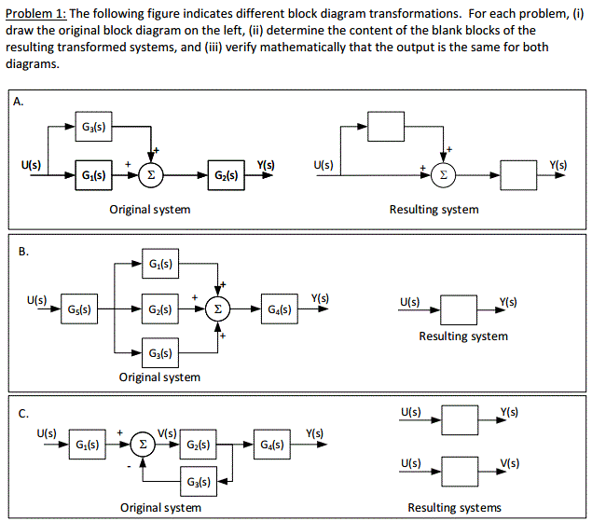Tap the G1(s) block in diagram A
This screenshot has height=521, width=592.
tap(93, 174)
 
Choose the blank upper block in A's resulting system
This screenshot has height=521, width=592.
tap(386, 126)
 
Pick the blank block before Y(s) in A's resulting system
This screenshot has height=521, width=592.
tap(518, 174)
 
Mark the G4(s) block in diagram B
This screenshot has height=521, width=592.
tap(280, 308)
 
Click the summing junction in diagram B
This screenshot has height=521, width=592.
tap(218, 308)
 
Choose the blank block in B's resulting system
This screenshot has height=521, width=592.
tap(459, 308)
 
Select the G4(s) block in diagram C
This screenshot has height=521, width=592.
tap(273, 443)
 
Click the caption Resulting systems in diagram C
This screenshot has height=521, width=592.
tap(454, 508)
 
